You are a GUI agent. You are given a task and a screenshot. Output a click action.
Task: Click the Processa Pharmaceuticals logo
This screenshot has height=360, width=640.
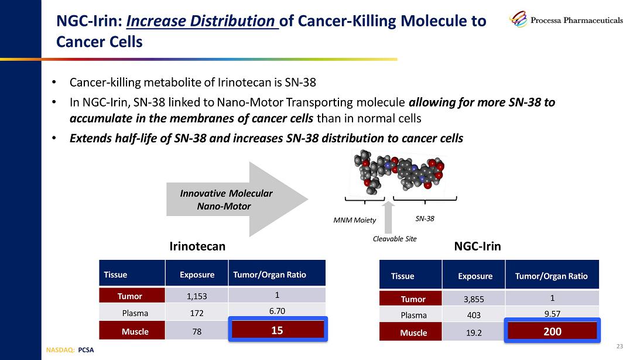pyautogui.click(x=566, y=20)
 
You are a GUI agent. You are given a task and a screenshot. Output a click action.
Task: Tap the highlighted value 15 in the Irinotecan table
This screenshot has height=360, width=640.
pyautogui.click(x=277, y=330)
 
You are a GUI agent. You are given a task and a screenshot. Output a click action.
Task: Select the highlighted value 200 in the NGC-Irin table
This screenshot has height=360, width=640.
pyautogui.click(x=552, y=331)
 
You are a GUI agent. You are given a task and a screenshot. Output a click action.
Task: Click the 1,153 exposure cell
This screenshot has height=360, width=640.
pyautogui.click(x=196, y=296)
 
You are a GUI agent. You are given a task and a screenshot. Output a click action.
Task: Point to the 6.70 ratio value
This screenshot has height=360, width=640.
pyautogui.click(x=277, y=311)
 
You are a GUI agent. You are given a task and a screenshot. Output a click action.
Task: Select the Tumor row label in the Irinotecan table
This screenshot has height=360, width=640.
pyautogui.click(x=132, y=296)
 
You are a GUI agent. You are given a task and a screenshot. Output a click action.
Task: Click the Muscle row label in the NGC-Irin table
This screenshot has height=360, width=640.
pyautogui.click(x=413, y=332)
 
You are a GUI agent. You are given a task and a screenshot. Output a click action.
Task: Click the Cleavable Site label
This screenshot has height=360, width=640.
pyautogui.click(x=395, y=239)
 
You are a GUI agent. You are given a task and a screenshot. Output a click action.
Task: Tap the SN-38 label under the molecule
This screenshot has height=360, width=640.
pyautogui.click(x=425, y=218)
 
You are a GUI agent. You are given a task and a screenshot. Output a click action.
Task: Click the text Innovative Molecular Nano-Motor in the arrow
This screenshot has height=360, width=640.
pyautogui.click(x=225, y=200)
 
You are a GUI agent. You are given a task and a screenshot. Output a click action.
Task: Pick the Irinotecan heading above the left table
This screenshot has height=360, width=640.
pyautogui.click(x=197, y=246)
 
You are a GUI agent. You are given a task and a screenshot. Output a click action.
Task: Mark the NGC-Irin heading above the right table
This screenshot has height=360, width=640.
pyautogui.click(x=477, y=246)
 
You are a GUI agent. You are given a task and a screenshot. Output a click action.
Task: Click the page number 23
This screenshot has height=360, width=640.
pyautogui.click(x=620, y=347)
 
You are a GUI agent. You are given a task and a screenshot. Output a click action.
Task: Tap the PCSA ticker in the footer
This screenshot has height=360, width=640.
pyautogui.click(x=85, y=350)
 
